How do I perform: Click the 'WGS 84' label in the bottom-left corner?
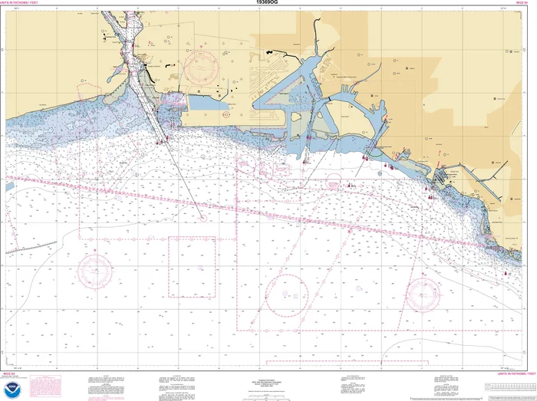point(11,374)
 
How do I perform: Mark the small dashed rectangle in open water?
point(192,266)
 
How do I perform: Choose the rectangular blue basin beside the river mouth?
point(204,100)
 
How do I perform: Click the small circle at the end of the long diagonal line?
point(203,218)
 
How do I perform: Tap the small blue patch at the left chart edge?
point(9,186)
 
